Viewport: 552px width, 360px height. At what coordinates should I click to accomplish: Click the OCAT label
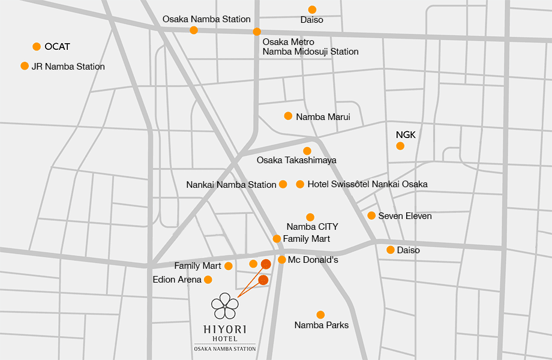coord(57,47)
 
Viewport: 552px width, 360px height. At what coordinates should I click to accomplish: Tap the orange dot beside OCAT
coord(37,47)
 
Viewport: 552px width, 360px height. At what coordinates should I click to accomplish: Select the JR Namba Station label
coord(68,67)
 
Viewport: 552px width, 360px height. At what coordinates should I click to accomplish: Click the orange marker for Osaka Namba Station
coord(193,30)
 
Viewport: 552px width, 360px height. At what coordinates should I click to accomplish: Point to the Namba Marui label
coord(323,117)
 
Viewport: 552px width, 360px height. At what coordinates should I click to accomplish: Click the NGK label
coord(406,135)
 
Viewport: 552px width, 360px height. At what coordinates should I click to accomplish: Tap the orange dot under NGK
coord(400,146)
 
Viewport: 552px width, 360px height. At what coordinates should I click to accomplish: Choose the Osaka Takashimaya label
coord(296,160)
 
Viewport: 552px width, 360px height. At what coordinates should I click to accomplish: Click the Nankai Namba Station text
coord(231,185)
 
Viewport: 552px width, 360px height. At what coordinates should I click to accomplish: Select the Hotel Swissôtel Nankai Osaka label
coord(367,184)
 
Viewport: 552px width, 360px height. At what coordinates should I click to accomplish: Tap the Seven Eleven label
coord(404,216)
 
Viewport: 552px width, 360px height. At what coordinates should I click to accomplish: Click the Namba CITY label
coord(312,227)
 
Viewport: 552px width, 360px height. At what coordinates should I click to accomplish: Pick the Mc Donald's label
coord(313,260)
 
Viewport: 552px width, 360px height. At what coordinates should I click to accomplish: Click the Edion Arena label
coord(177,280)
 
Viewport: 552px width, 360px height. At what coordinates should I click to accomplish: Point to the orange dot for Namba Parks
coord(320,314)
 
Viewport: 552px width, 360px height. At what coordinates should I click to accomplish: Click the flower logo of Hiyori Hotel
coord(224,305)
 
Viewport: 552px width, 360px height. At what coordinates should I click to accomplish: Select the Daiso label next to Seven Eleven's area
coord(408,250)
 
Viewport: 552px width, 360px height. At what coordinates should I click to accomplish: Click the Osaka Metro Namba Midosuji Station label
coord(310,47)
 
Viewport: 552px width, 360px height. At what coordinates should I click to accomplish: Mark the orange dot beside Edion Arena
coord(208,280)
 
